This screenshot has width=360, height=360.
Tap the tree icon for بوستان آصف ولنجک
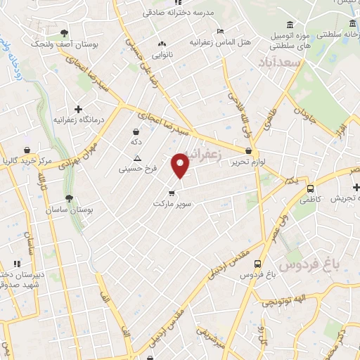point(64,33)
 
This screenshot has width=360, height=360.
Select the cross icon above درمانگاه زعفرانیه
point(78,109)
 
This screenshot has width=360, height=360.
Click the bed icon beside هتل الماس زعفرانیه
point(221,31)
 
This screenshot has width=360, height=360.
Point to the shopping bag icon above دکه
point(136,131)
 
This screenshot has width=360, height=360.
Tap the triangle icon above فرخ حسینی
point(137,158)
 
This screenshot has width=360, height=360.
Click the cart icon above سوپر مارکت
point(172,193)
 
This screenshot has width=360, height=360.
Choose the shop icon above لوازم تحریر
point(249,151)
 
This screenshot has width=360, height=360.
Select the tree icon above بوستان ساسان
point(68,198)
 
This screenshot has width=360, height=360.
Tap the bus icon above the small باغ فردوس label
point(257,264)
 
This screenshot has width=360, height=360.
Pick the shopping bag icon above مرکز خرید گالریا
point(27,150)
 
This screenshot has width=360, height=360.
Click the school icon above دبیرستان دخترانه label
point(17,264)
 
